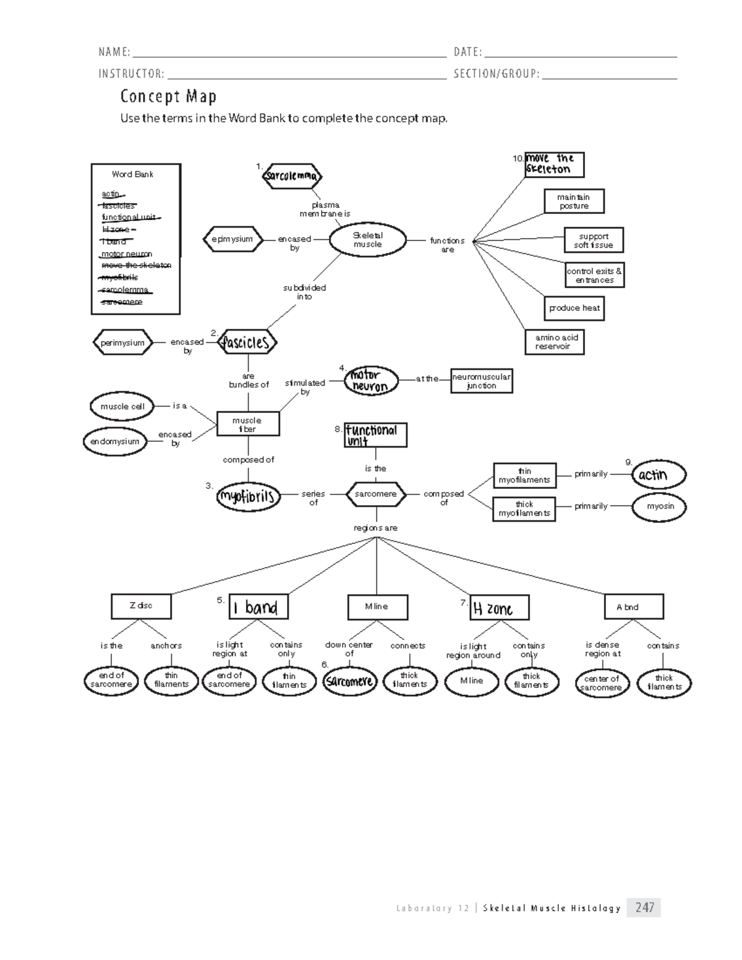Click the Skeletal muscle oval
pyautogui.click(x=367, y=240)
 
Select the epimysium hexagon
pyautogui.click(x=232, y=239)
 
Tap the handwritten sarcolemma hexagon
pyautogui.click(x=292, y=176)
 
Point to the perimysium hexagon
pyautogui.click(x=122, y=342)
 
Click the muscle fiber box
pyautogui.click(x=247, y=424)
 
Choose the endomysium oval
pyautogui.click(x=115, y=441)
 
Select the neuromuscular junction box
pyautogui.click(x=481, y=381)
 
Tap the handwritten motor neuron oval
pyautogui.click(x=369, y=380)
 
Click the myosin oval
pyautogui.click(x=660, y=506)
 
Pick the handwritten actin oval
pyautogui.click(x=659, y=475)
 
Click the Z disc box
pyautogui.click(x=141, y=606)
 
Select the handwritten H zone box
pyautogui.click(x=500, y=608)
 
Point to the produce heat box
pyautogui.click(x=574, y=308)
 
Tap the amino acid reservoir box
pyautogui.click(x=555, y=342)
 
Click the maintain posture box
pyautogui.click(x=574, y=202)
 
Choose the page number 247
pyautogui.click(x=644, y=907)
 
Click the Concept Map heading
pyautogui.click(x=168, y=96)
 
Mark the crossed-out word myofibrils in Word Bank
pyautogui.click(x=120, y=278)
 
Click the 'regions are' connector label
pyautogui.click(x=375, y=528)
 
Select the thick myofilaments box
pyautogui.click(x=524, y=509)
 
